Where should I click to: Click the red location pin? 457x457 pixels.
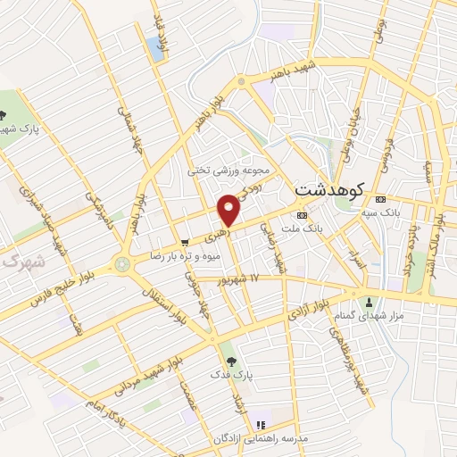230,210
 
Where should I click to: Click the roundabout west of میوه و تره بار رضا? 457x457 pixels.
120,265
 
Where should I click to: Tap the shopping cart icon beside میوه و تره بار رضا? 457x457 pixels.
184,241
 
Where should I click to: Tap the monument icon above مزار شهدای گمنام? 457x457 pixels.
369,301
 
